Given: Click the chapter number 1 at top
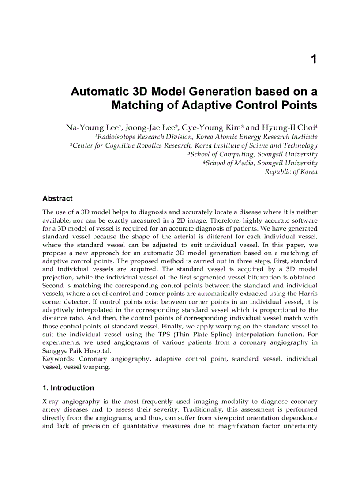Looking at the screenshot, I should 314,60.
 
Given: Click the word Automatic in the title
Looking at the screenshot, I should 100,92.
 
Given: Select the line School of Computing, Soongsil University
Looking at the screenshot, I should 253,154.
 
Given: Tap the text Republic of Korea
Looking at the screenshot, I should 291,172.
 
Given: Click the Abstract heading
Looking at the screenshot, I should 57,198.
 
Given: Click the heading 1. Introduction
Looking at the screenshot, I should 68,388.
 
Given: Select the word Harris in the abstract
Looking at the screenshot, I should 307,294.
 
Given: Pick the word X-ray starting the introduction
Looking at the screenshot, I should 51,402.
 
